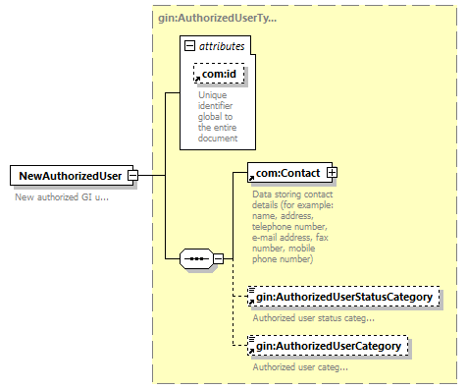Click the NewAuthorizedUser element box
(72, 176)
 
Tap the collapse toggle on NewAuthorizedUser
(133, 176)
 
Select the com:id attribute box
(219, 74)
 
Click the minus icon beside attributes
(189, 46)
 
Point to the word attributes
(222, 46)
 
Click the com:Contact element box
(289, 173)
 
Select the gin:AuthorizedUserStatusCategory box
(343, 297)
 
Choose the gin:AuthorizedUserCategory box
(328, 346)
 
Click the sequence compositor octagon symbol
(196, 259)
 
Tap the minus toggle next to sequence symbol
(219, 259)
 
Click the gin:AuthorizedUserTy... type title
(218, 18)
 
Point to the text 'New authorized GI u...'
(62, 197)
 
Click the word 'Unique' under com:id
(213, 95)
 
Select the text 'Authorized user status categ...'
(313, 318)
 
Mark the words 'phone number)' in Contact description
(283, 259)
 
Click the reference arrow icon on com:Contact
(251, 178)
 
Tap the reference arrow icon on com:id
(197, 79)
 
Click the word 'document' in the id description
(218, 139)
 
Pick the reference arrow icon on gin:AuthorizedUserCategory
(251, 352)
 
